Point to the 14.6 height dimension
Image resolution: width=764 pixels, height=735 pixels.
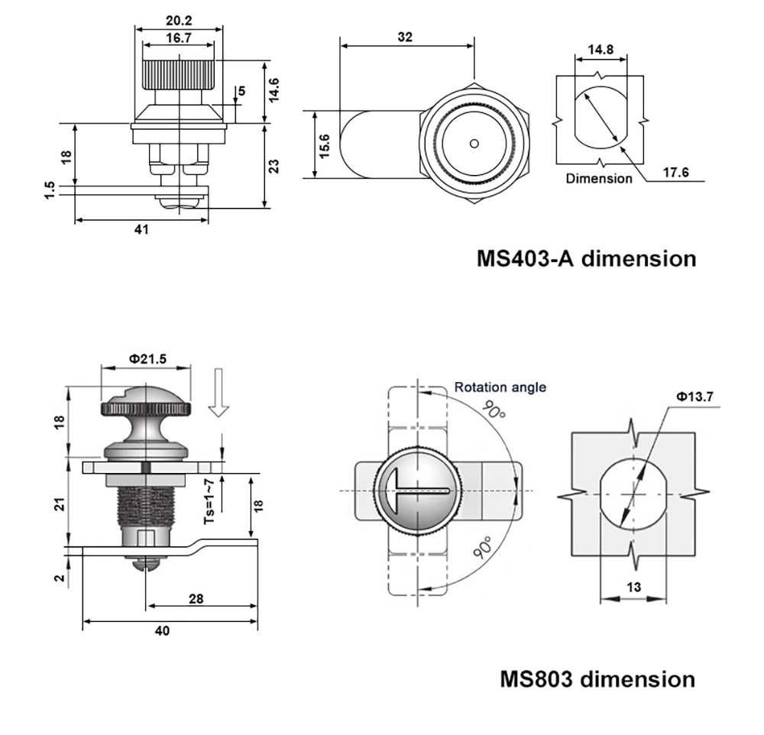274,89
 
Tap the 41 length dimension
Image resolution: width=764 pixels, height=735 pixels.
142,229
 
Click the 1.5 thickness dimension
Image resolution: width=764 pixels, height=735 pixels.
50,189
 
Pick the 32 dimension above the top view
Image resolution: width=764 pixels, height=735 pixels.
405,37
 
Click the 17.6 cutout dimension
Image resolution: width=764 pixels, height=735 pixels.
675,173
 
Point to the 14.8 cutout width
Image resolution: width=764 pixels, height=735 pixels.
600,50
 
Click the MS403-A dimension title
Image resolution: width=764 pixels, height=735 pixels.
586,258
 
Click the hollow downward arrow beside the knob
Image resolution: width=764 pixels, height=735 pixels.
219,392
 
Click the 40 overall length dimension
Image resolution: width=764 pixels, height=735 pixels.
162,630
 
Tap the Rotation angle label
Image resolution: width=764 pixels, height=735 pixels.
500,387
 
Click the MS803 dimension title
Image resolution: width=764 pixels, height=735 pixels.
597,678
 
